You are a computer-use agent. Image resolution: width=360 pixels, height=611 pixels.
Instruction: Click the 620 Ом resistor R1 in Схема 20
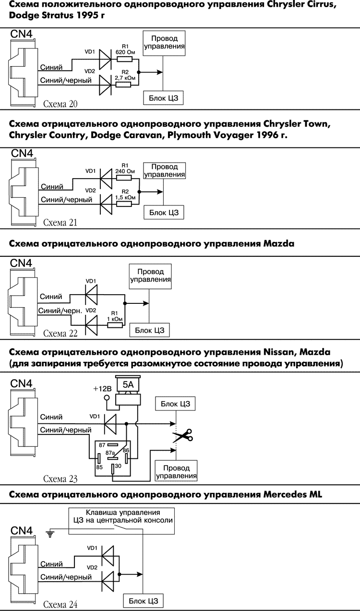point(125,60)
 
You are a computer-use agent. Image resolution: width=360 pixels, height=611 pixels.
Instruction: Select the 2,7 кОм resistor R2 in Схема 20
point(125,86)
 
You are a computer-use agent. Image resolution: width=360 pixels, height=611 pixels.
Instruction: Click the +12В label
point(102,388)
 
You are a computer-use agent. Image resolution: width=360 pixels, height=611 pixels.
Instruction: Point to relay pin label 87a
point(110,453)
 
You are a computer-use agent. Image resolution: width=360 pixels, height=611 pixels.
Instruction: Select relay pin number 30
point(118,465)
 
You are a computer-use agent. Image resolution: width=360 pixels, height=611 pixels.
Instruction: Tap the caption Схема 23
point(60,479)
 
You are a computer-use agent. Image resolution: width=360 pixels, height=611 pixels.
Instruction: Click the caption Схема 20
point(60,104)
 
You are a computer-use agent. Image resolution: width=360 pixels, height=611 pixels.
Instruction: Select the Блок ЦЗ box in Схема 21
point(164,212)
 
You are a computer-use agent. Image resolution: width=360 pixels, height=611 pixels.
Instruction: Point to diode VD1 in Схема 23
point(110,424)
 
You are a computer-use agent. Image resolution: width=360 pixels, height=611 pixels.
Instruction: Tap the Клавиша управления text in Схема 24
point(122,512)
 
